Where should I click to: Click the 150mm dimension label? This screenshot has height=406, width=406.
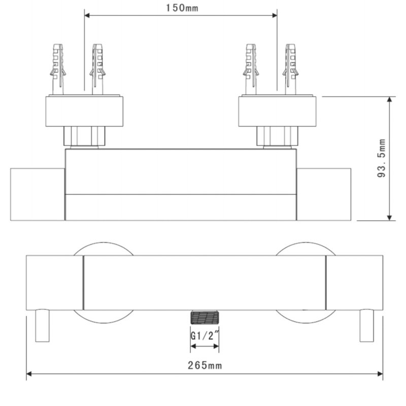(x=182, y=8)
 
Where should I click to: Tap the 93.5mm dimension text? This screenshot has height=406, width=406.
(x=382, y=158)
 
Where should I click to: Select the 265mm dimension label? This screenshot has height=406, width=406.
(x=205, y=365)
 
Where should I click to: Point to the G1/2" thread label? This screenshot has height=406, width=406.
(x=205, y=336)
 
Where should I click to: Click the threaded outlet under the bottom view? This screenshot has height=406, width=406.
(x=205, y=317)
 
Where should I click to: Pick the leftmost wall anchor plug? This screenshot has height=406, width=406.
(x=58, y=69)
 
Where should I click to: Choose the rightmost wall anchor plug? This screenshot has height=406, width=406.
(x=290, y=69)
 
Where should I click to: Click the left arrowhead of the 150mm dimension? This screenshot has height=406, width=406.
(x=87, y=16)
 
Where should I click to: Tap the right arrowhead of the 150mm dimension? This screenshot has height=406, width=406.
(x=275, y=16)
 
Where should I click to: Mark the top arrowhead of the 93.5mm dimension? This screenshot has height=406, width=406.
(x=389, y=99)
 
